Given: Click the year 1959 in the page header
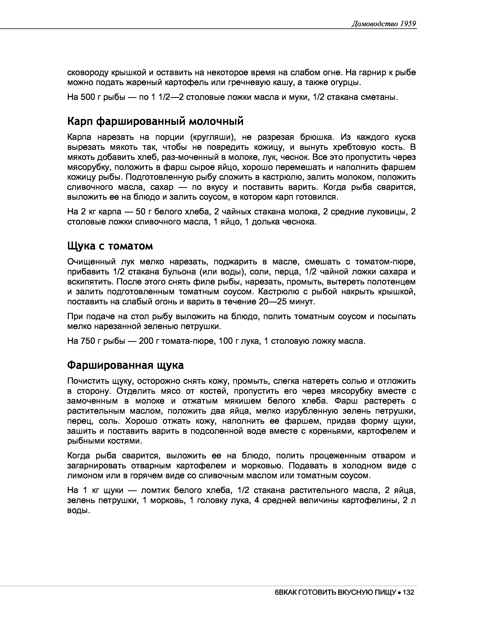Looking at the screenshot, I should [408, 24].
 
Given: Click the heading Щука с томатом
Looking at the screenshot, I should [110, 246].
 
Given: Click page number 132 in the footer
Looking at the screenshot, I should [408, 592].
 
